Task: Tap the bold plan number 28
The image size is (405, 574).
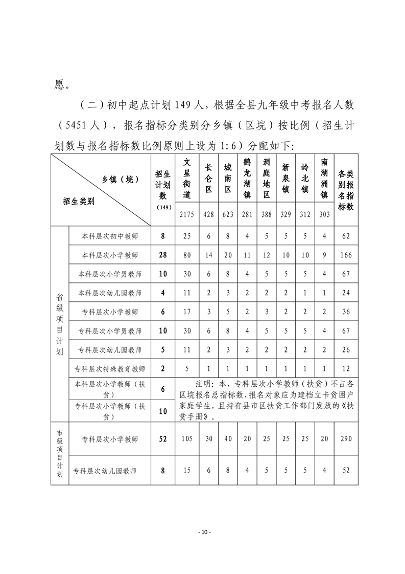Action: click(x=163, y=255)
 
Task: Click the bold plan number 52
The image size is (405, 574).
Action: click(x=163, y=439)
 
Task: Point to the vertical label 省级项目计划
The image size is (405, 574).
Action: click(x=59, y=323)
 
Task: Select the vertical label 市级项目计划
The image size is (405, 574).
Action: click(x=59, y=453)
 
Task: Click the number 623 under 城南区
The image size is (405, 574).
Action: click(x=228, y=215)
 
